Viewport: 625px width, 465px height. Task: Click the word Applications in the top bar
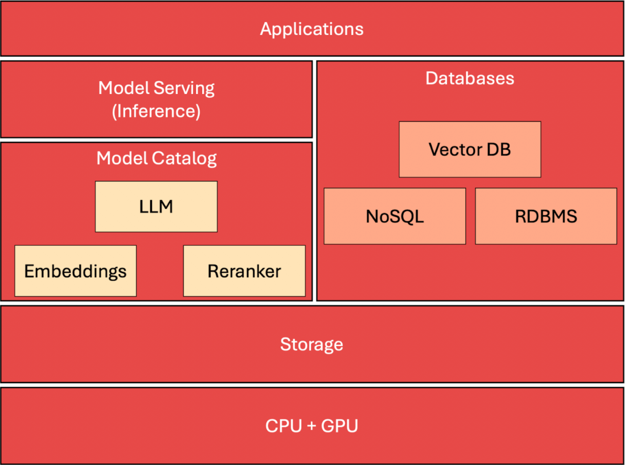[312, 29]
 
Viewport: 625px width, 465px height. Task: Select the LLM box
[156, 207]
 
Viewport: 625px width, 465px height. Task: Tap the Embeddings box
[75, 271]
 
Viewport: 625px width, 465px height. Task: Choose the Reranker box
[244, 271]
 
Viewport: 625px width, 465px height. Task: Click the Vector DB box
[470, 149]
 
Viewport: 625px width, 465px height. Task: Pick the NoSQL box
[395, 216]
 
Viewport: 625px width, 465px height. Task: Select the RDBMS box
[546, 216]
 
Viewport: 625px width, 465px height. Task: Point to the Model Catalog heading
[156, 158]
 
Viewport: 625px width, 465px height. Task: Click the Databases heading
[470, 78]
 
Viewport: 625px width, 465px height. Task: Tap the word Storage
[312, 344]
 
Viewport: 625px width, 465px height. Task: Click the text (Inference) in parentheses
[156, 111]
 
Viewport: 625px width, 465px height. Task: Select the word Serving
[184, 88]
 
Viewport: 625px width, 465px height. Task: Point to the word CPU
[283, 426]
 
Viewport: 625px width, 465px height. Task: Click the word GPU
[339, 426]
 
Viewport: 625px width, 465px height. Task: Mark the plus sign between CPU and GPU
[312, 426]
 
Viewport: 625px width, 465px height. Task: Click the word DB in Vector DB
[498, 149]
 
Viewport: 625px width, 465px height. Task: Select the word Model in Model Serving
[124, 88]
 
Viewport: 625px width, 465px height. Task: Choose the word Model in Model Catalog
[122, 158]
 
